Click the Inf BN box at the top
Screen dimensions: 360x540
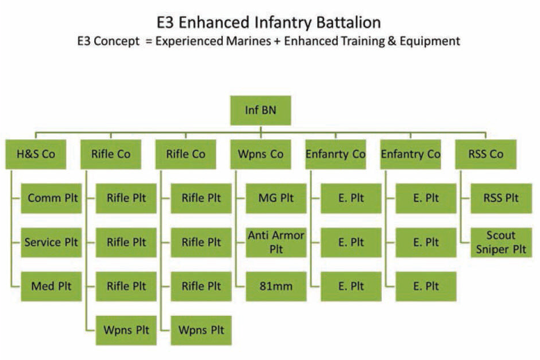(x=261, y=110)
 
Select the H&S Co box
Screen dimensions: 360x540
(x=36, y=154)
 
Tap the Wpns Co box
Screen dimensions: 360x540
(x=261, y=154)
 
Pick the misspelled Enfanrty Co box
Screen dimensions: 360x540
(x=335, y=154)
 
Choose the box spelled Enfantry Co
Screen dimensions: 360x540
(x=410, y=154)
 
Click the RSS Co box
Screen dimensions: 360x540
(x=485, y=154)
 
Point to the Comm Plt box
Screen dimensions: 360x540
(x=51, y=198)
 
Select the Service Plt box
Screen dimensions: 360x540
(x=51, y=242)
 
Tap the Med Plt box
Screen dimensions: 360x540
(x=51, y=286)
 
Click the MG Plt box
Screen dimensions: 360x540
(x=276, y=198)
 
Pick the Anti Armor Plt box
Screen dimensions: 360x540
(x=276, y=242)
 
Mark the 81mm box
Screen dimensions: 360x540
(x=276, y=286)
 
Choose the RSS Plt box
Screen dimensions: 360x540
(x=501, y=198)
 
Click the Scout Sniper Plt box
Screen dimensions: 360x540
(x=501, y=242)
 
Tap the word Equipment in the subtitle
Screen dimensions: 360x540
(x=431, y=41)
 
